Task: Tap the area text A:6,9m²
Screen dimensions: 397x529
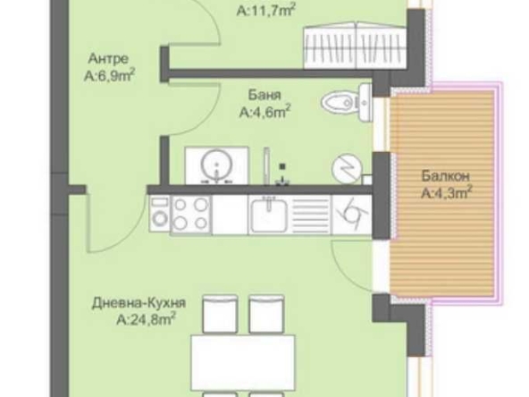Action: coord(109,77)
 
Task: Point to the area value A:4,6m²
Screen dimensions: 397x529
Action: coord(265,113)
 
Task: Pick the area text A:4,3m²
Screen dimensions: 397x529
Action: coord(447,190)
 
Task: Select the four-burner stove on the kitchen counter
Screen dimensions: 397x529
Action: coord(191,214)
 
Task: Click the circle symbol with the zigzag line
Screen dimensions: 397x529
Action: coord(345,168)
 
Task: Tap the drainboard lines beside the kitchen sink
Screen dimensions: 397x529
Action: coord(313,215)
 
